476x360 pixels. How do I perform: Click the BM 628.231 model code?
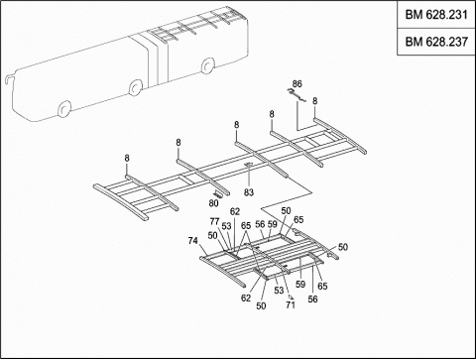[x=436, y=15]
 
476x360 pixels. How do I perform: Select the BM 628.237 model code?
[x=436, y=42]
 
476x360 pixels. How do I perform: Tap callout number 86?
[x=297, y=83]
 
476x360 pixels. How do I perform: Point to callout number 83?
[x=249, y=192]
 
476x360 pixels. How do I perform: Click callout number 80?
[x=213, y=203]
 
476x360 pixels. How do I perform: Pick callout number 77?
[x=214, y=221]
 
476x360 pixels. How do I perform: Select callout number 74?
[x=192, y=241]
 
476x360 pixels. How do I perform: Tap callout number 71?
[x=291, y=304]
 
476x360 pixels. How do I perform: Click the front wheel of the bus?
[x=64, y=109]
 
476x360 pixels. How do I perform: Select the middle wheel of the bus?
[x=135, y=87]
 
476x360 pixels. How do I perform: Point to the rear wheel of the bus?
[x=207, y=65]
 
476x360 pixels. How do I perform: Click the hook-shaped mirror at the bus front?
[x=8, y=78]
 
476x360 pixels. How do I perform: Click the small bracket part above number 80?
[x=218, y=194]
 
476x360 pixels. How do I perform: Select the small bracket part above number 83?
[x=249, y=165]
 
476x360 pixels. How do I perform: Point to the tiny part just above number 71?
[x=290, y=297]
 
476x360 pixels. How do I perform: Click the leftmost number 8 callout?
[x=127, y=158]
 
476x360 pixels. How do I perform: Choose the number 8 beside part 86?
[x=314, y=101]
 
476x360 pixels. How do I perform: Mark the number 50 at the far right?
[x=343, y=247]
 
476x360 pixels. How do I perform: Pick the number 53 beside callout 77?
[x=226, y=226]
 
